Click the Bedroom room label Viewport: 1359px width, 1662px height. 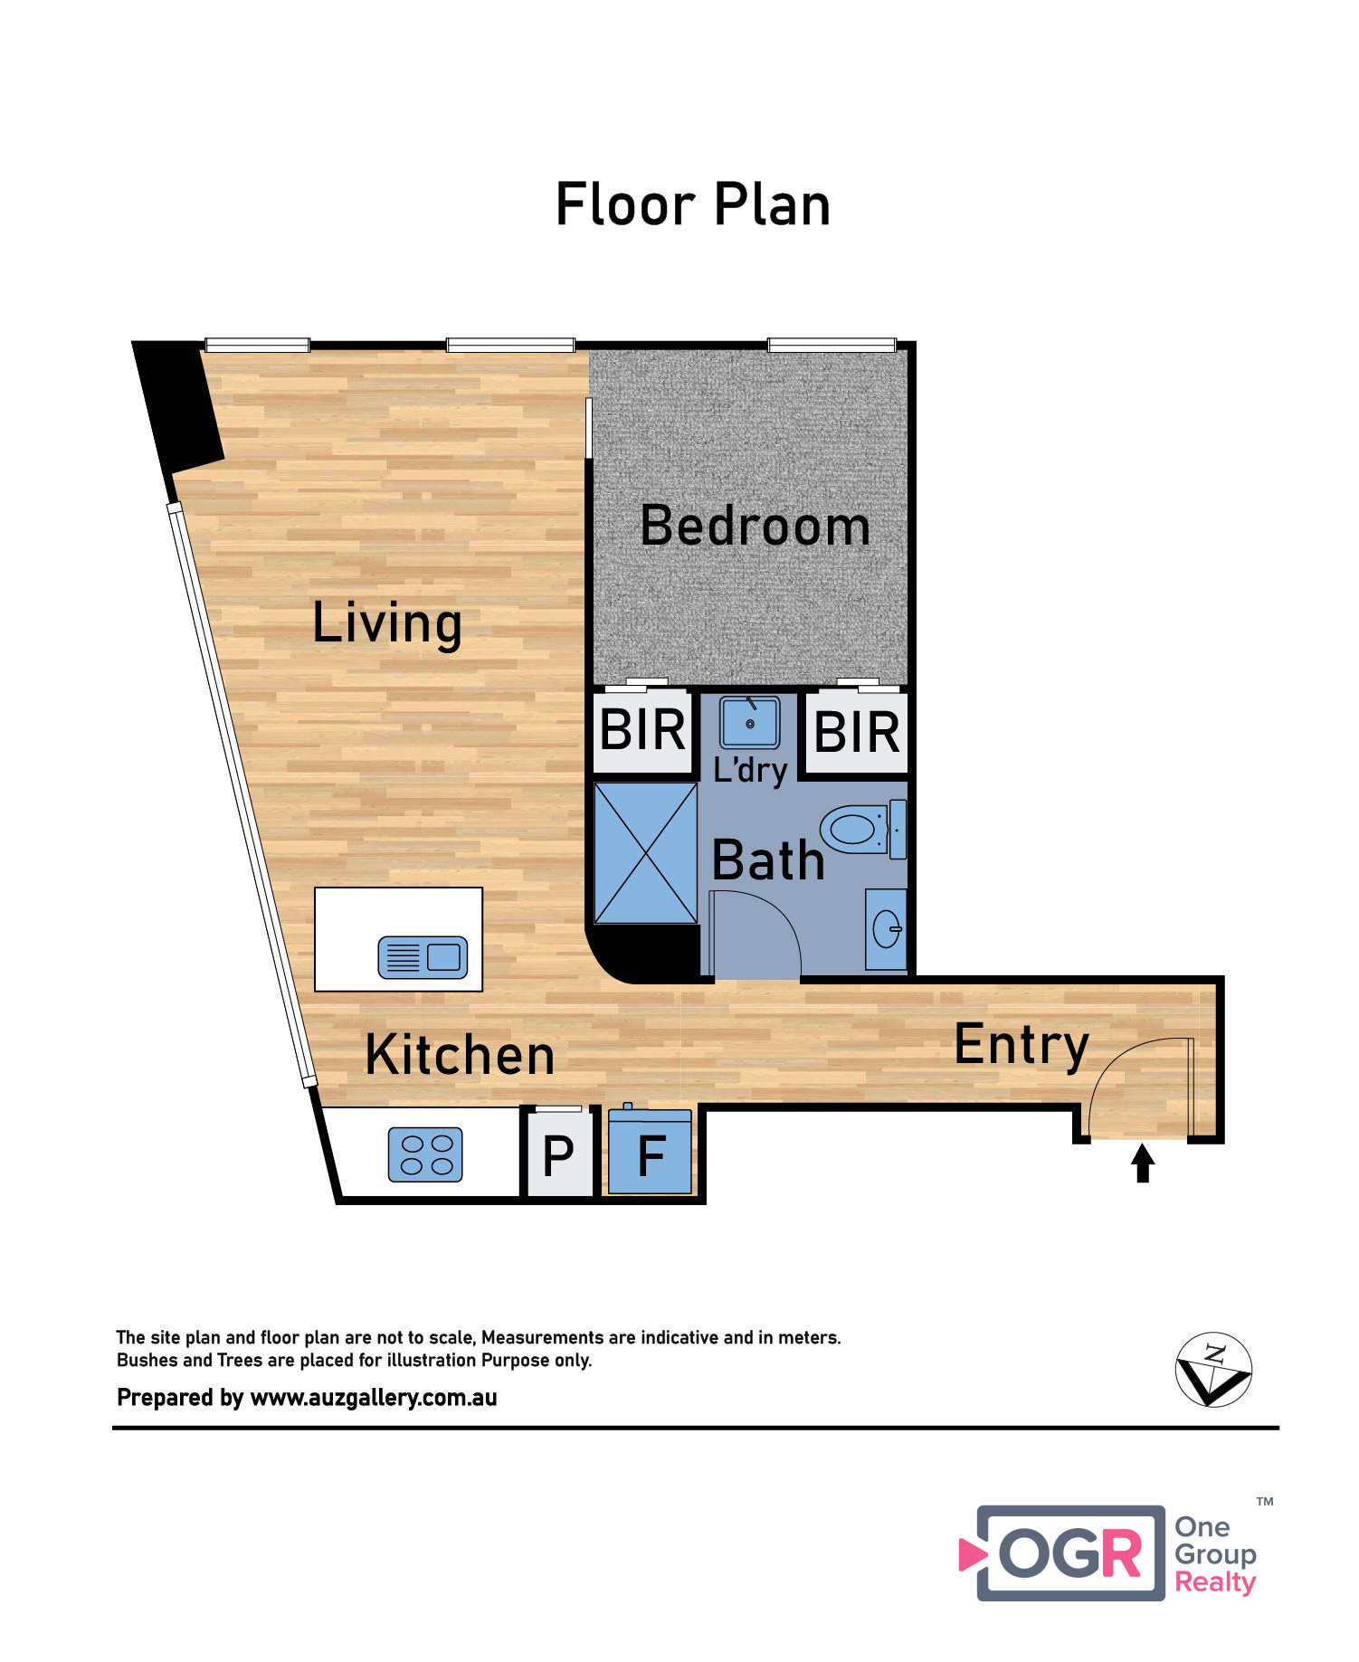[755, 526]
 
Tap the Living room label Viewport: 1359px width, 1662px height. [387, 623]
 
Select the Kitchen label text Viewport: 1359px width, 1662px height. [460, 1055]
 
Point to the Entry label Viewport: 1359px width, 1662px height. [1022, 1046]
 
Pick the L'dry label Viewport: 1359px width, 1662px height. [750, 770]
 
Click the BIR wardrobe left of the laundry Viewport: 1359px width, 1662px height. [642, 730]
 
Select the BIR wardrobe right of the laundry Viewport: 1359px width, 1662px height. [857, 732]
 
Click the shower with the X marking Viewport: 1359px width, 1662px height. [645, 853]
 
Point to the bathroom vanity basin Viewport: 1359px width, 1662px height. [886, 929]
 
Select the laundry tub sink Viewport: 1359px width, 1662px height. [749, 722]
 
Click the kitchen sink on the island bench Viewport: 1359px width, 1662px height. [423, 957]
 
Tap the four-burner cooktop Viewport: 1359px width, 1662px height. [425, 1154]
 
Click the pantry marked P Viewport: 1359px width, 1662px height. [558, 1154]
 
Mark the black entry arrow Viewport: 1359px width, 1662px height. [1143, 1163]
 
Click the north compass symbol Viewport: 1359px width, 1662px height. [1213, 1369]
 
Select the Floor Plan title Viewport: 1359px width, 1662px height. [693, 204]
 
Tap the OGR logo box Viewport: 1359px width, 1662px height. [1070, 1553]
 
